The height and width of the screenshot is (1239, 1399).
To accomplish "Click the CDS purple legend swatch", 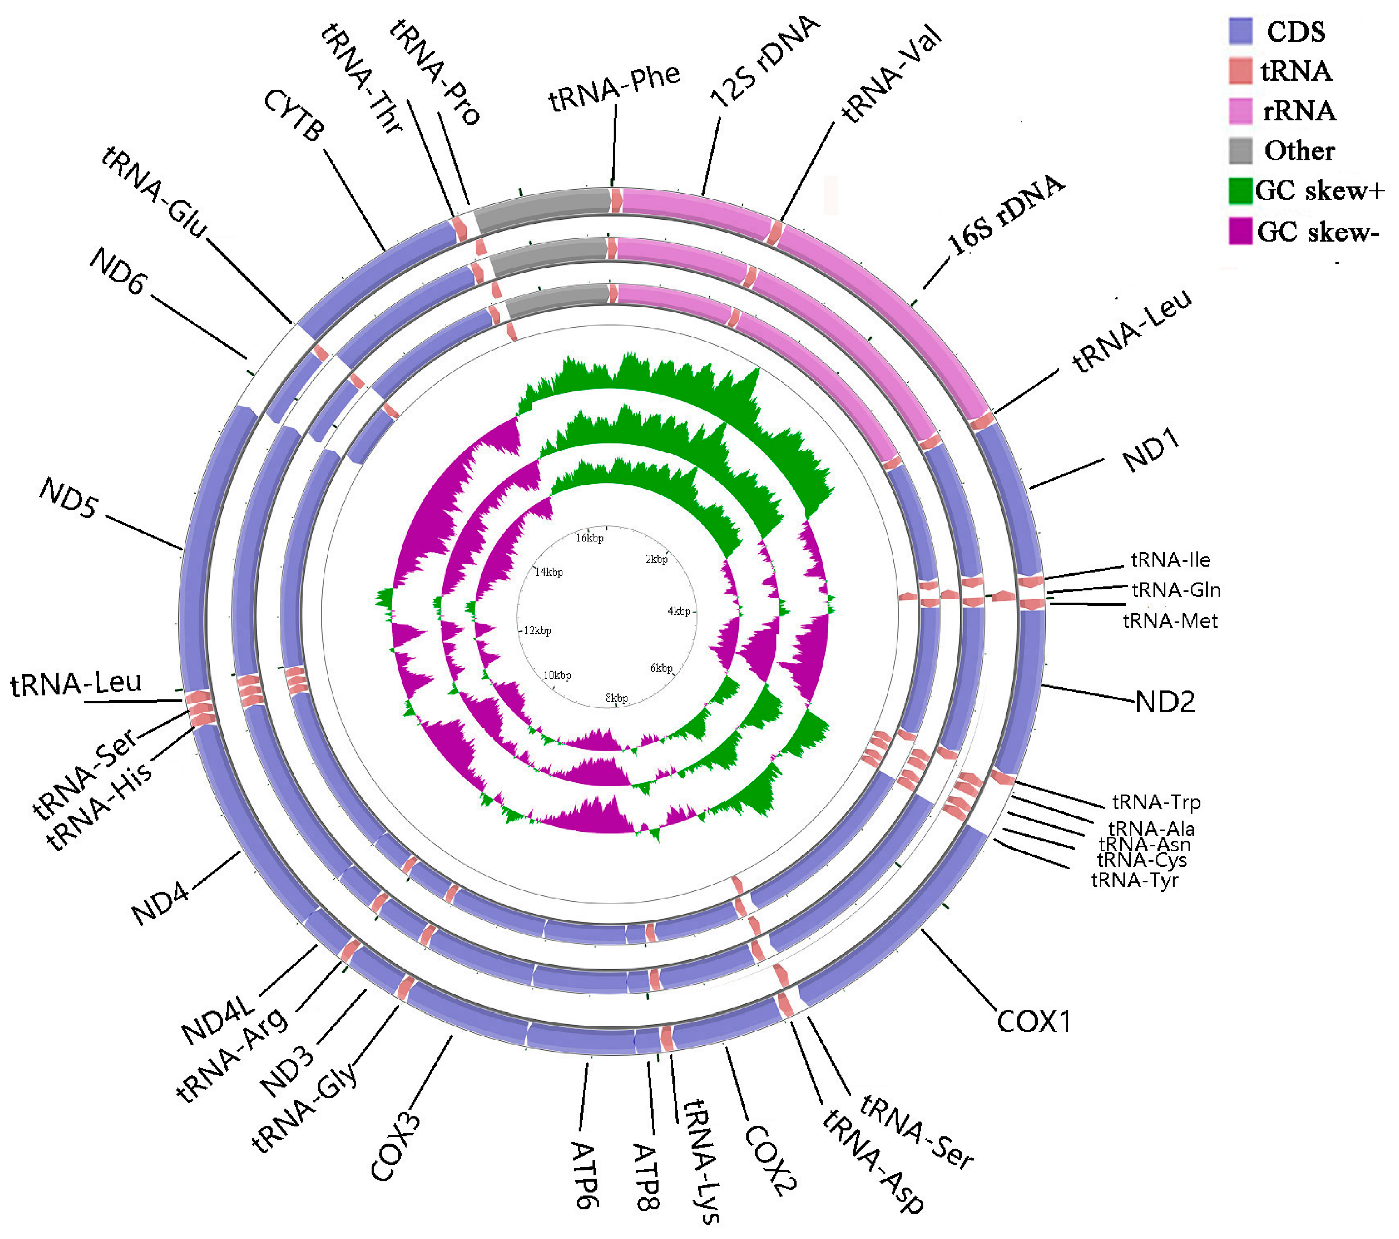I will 1240,31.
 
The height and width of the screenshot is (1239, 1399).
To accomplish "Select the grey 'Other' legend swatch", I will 1240,150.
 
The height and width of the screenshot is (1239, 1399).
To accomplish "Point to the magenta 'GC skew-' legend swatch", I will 1240,231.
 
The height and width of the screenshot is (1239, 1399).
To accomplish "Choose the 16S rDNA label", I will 1005,214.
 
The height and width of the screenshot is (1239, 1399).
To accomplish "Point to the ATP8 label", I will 645,1177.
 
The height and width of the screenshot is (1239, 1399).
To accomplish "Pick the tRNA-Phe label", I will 614,88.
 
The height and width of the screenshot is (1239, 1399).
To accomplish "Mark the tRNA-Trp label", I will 1156,802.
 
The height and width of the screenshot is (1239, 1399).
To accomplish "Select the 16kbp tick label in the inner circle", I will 589,538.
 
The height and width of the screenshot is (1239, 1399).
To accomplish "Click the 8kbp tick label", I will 617,698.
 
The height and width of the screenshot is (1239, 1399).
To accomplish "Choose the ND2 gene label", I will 1165,702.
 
